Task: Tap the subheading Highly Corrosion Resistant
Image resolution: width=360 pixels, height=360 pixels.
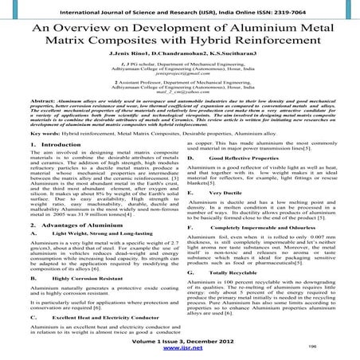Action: pyautogui.click(x=76, y=300)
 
